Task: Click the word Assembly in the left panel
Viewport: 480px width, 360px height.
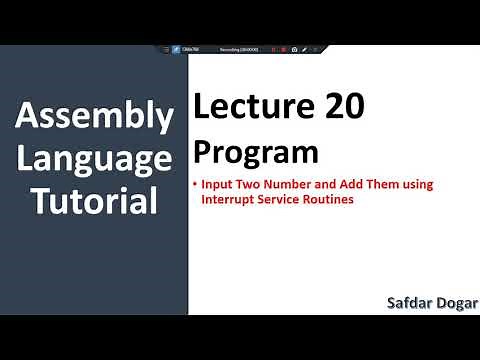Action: [x=94, y=118]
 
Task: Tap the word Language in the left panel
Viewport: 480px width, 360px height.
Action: [x=94, y=160]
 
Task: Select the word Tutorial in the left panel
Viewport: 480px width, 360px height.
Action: [x=94, y=202]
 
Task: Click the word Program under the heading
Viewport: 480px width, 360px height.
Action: [x=256, y=152]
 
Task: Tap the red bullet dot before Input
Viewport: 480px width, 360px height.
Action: [x=195, y=185]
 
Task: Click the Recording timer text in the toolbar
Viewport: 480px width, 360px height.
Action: [x=238, y=49]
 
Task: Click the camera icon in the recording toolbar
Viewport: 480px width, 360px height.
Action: [x=294, y=49]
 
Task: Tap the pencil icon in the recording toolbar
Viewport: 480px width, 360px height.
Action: [x=304, y=49]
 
